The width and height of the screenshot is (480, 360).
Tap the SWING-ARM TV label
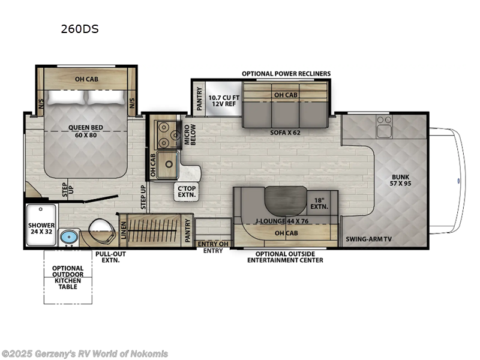click(x=368, y=239)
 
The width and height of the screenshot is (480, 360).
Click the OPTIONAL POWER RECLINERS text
click(x=286, y=73)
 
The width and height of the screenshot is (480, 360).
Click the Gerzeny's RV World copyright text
click(x=85, y=353)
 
